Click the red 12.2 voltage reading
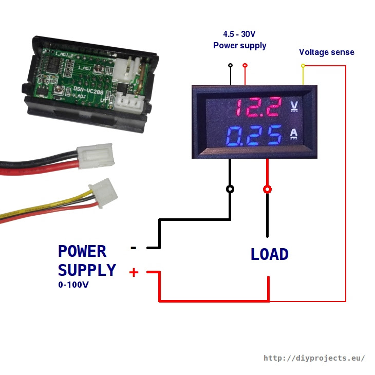click(258, 107)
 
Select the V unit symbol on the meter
click(294, 106)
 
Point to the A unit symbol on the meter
click(294, 134)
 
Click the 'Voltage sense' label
click(326, 52)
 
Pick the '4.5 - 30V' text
click(239, 34)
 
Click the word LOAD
click(269, 254)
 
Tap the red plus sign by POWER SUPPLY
click(134, 272)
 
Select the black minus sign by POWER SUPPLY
click(134, 248)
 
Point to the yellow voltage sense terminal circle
click(303, 66)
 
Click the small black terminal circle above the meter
click(231, 65)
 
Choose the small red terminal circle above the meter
click(245, 65)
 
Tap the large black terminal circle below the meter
click(230, 189)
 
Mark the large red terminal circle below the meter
click(267, 189)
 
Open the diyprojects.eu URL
click(314, 358)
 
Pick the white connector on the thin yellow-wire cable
click(103, 193)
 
